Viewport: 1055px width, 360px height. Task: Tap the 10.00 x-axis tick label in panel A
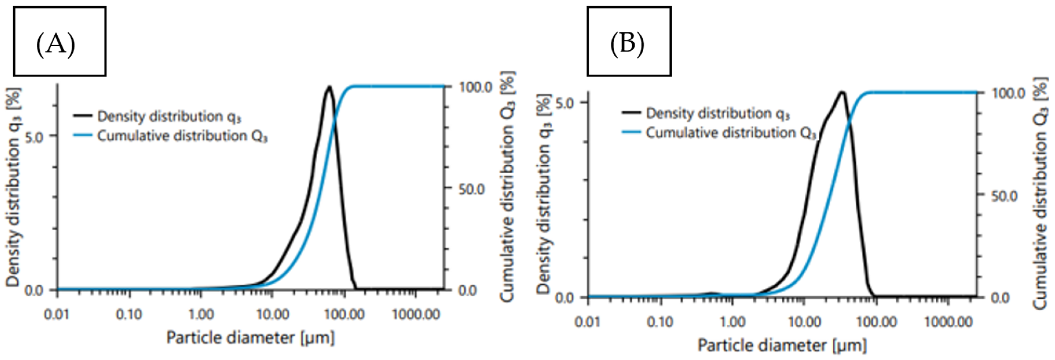click(272, 315)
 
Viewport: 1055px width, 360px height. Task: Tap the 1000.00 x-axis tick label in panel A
click(416, 315)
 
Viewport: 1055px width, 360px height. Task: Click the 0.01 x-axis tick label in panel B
click(588, 322)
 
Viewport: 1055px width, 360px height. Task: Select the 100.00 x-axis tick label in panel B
click(876, 322)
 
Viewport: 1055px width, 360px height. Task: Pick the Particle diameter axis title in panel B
click(782, 346)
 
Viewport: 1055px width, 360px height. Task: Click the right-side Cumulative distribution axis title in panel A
click(508, 186)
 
